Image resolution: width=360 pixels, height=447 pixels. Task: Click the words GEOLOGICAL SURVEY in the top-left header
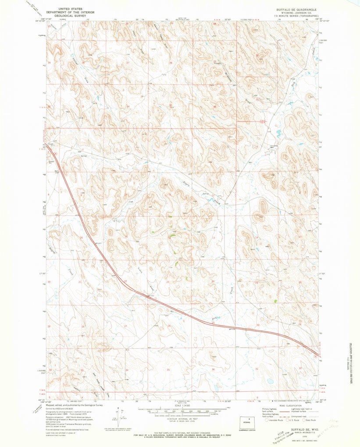[66, 14]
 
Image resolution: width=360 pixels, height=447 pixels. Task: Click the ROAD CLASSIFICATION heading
[292, 406]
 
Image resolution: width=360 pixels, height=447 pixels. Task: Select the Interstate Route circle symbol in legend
[266, 420]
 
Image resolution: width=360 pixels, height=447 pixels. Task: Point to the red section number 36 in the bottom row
[213, 370]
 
